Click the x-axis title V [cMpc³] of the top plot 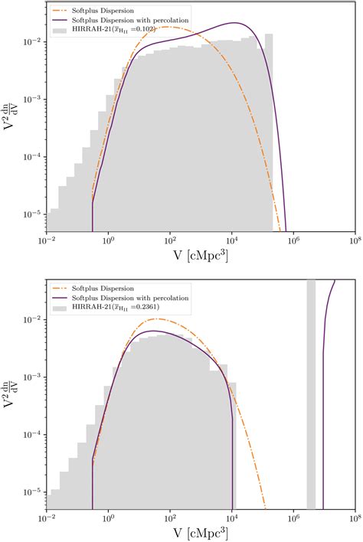[x=200, y=257]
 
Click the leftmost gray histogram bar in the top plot [x=51, y=220]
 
